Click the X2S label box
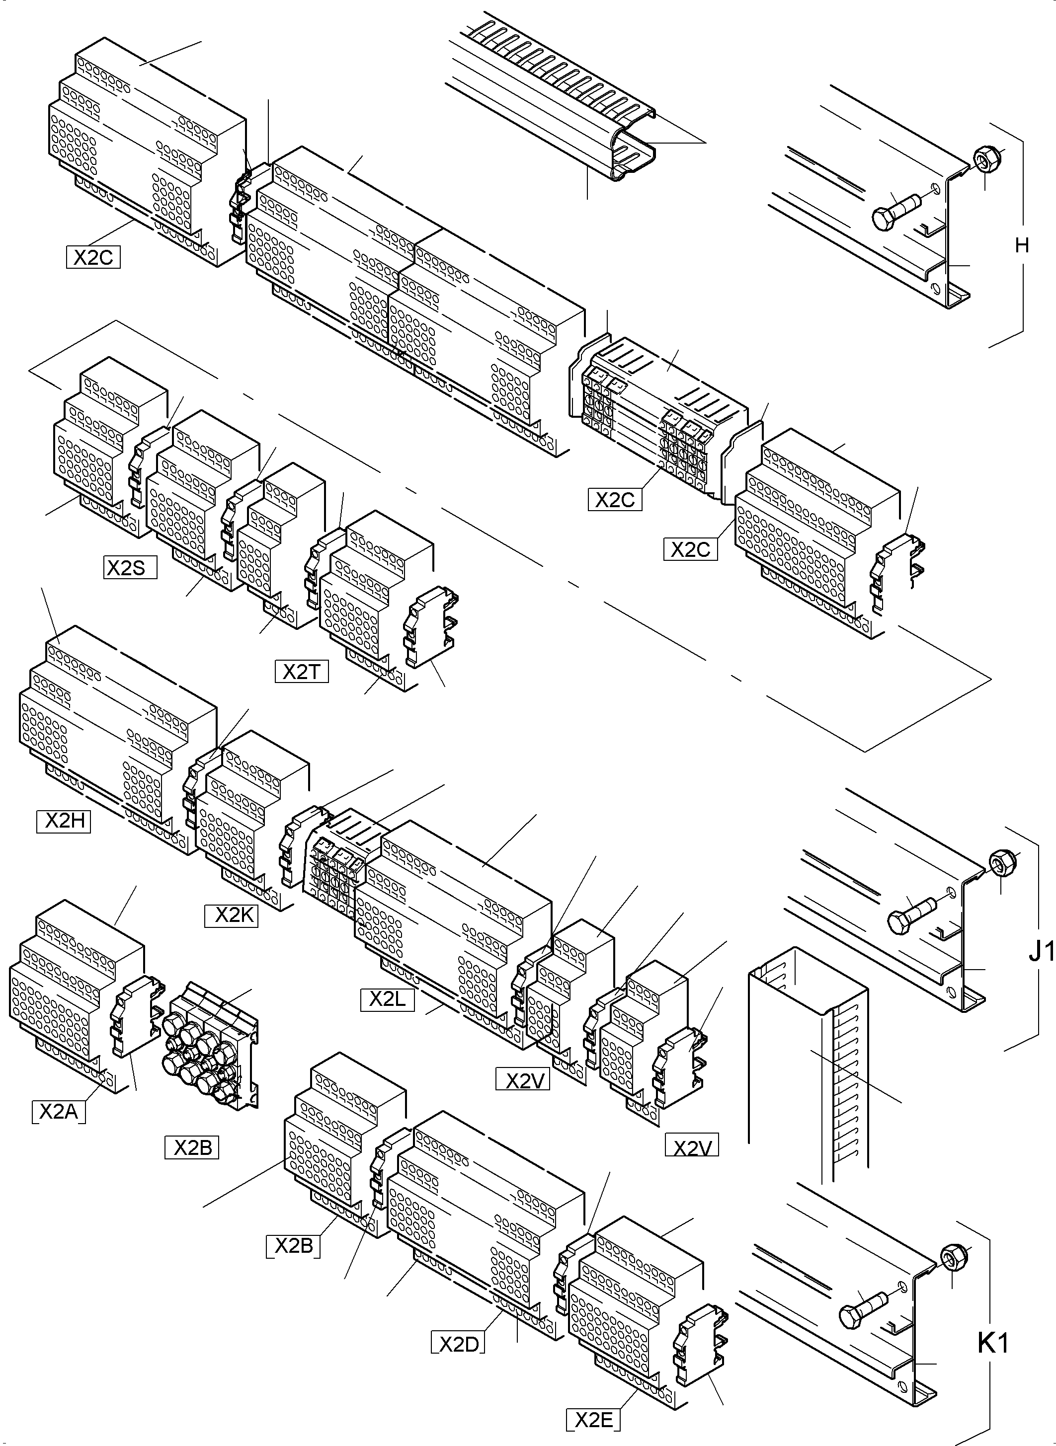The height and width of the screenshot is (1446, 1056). point(130,567)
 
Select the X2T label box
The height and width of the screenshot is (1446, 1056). point(302,672)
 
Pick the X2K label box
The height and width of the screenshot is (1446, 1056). point(232,915)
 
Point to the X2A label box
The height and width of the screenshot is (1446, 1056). point(58,1112)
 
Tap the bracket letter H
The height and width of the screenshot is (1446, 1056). point(1022,245)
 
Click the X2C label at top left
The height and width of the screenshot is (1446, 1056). point(93,257)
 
